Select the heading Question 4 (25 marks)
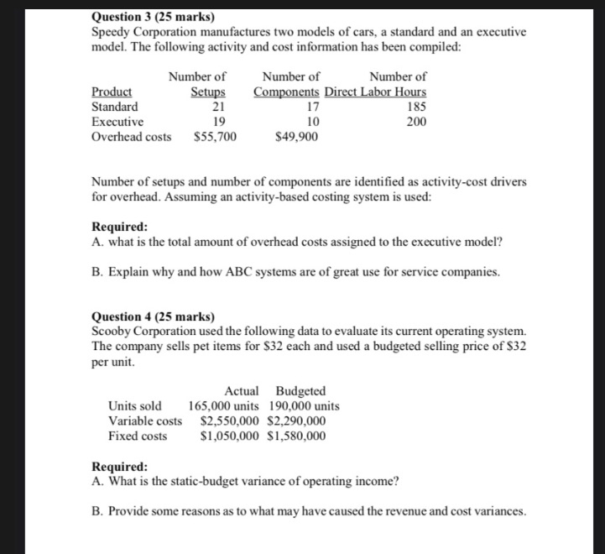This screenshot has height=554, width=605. click(x=152, y=316)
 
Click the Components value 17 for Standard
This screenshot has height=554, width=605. click(x=311, y=107)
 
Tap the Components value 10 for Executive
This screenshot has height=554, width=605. click(x=311, y=122)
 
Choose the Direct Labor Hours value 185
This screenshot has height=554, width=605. click(x=415, y=107)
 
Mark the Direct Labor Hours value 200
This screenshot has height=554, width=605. click(x=415, y=122)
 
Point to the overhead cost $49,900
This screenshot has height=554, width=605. click(x=296, y=137)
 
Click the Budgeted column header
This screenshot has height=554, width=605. click(x=300, y=391)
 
